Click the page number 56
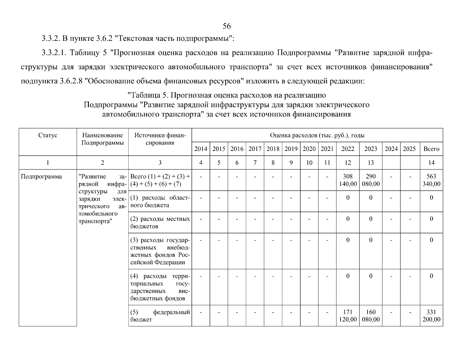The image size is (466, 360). point(227,26)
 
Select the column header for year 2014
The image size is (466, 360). point(201,149)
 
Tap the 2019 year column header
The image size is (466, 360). point(291,149)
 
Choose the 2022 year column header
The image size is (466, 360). point(348,149)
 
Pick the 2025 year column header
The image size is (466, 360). point(409,149)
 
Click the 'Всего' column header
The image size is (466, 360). point(431,149)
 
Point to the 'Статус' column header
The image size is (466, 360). point(48,135)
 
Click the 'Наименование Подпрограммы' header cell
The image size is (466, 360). point(103,139)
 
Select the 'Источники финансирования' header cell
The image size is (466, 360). point(160,139)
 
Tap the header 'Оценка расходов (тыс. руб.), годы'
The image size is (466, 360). point(317,135)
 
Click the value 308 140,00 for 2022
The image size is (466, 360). point(348,180)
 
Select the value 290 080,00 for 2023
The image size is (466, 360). point(371,180)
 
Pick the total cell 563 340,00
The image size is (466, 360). point(431,180)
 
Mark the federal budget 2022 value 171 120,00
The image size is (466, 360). point(348,316)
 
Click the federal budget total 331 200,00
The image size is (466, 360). point(431,316)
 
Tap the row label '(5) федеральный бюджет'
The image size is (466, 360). point(160,316)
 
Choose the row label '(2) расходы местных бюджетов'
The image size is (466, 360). point(160,223)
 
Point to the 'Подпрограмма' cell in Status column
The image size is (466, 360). point(41,176)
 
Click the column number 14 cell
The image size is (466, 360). point(431,163)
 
